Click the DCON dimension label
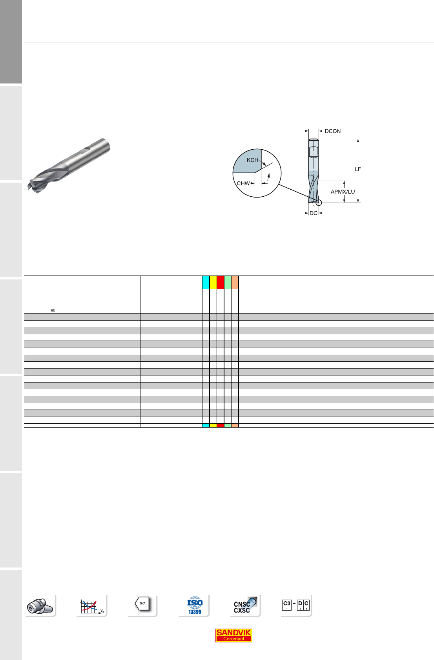tap(332, 131)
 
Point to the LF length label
tap(357, 169)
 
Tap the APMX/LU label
tap(343, 192)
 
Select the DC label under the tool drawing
tap(313, 213)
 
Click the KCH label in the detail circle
tap(252, 160)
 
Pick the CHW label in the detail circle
tap(243, 183)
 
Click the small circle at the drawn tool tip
tap(319, 203)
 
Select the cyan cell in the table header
tap(206, 282)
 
